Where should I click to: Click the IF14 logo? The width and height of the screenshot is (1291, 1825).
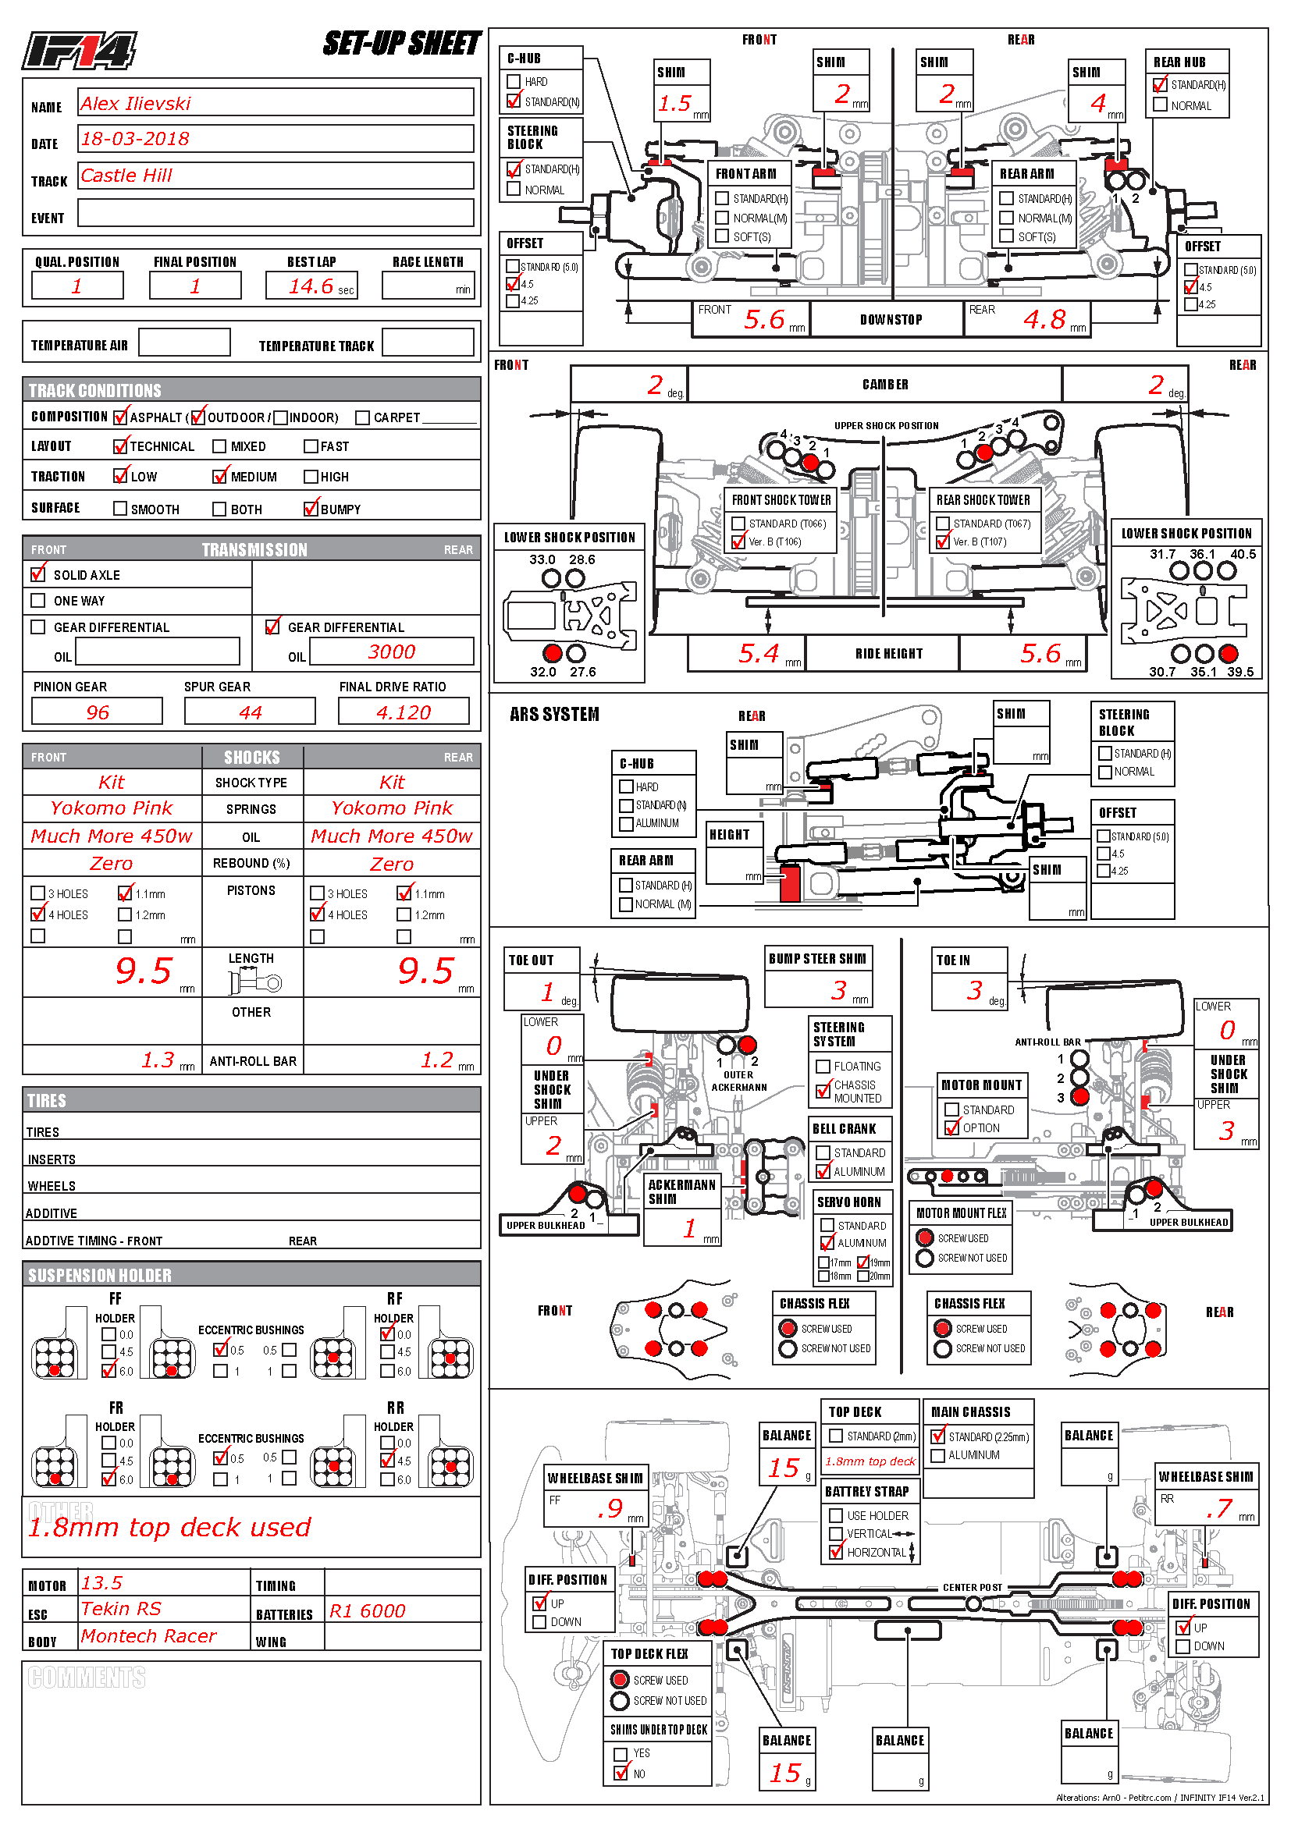(79, 51)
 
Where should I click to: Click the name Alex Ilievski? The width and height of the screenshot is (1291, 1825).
(136, 103)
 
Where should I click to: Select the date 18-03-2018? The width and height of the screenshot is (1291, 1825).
(135, 139)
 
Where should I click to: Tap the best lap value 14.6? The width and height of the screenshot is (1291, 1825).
(311, 286)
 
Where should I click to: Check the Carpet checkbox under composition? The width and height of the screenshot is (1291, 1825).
(362, 417)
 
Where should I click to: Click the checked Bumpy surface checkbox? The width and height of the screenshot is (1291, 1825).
(311, 509)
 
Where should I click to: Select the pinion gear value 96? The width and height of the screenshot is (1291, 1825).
(97, 712)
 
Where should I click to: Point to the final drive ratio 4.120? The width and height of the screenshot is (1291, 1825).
(403, 712)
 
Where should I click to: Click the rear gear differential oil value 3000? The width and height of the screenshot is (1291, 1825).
(391, 652)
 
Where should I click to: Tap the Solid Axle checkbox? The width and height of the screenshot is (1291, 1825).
(37, 574)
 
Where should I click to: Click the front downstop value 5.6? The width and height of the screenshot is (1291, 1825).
(764, 320)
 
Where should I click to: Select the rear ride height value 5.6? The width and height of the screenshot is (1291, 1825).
(1040, 654)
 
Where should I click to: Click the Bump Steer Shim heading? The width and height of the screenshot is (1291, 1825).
(817, 959)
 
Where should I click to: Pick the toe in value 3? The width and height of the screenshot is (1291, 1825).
(974, 990)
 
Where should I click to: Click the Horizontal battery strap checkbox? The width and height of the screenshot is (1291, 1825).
(835, 1552)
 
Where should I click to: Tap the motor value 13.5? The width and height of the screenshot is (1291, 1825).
(101, 1582)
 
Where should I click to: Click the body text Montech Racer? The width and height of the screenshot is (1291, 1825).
(148, 1636)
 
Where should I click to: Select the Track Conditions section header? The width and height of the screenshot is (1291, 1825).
(95, 390)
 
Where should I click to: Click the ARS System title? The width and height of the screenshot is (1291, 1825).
(554, 715)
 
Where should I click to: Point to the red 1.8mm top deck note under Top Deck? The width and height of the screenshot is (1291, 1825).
(870, 1461)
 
